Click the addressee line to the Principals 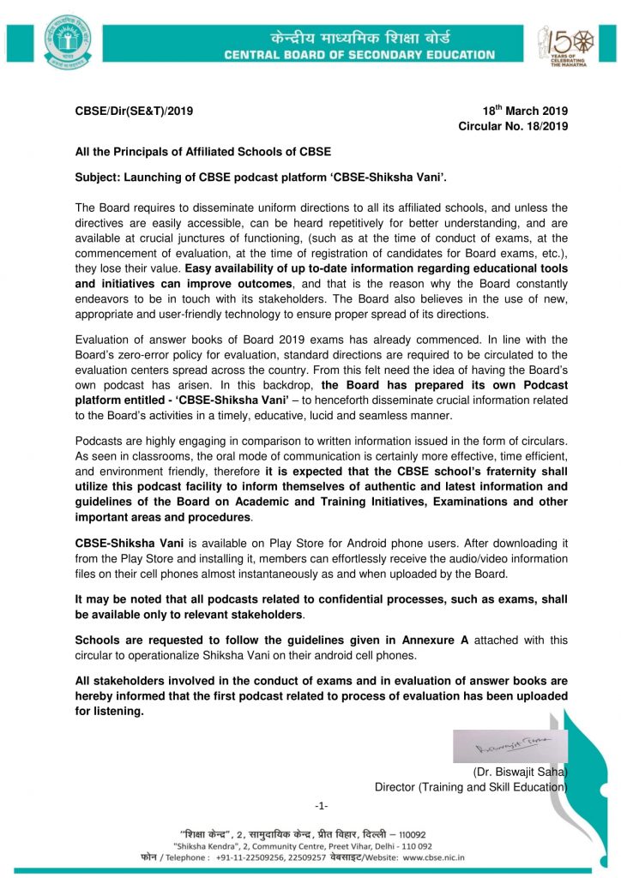click(203, 153)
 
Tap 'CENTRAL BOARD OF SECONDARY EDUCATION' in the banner click(359, 55)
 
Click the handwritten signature click(509, 739)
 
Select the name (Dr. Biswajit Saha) click(521, 771)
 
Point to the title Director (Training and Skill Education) click(471, 786)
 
